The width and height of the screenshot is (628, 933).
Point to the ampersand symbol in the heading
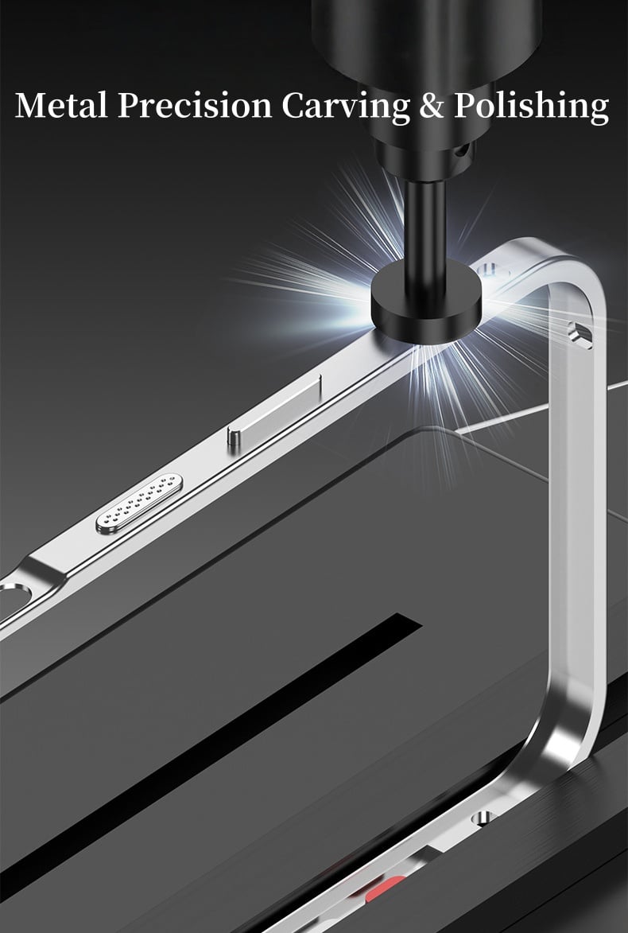click(430, 106)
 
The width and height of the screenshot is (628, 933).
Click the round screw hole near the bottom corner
click(479, 817)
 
